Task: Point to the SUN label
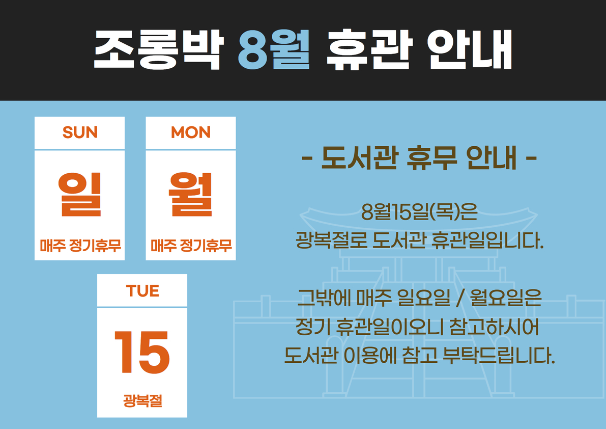click(x=80, y=132)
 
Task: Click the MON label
click(x=191, y=132)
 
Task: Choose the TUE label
click(x=142, y=291)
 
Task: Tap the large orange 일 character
click(x=80, y=194)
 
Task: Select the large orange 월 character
click(x=191, y=194)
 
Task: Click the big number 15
click(x=142, y=353)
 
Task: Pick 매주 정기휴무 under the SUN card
click(x=80, y=246)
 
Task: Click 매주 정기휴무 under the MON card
click(x=191, y=246)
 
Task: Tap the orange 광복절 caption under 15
click(x=142, y=400)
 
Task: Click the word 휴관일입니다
click(x=488, y=240)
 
